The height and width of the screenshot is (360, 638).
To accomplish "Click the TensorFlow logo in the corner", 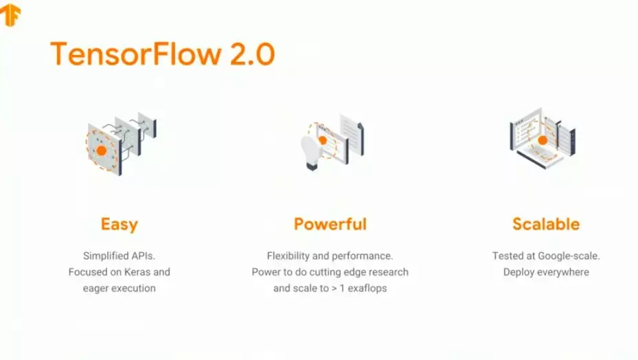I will click(x=11, y=14).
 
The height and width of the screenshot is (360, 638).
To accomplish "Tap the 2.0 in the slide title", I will click(x=252, y=54).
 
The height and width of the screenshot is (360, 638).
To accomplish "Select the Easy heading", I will click(x=119, y=224).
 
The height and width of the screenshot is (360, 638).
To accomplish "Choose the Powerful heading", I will click(x=330, y=224).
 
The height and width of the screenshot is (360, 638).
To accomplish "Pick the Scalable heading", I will click(x=546, y=224).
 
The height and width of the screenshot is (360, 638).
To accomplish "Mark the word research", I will click(x=387, y=272).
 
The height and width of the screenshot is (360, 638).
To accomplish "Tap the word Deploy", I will click(x=519, y=272).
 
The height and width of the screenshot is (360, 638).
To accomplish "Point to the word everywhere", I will click(x=563, y=272).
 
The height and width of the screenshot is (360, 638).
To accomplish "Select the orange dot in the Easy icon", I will click(x=102, y=150).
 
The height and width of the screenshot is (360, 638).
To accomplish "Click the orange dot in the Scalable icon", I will click(x=543, y=140).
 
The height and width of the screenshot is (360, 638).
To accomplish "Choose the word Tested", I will click(x=508, y=256).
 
